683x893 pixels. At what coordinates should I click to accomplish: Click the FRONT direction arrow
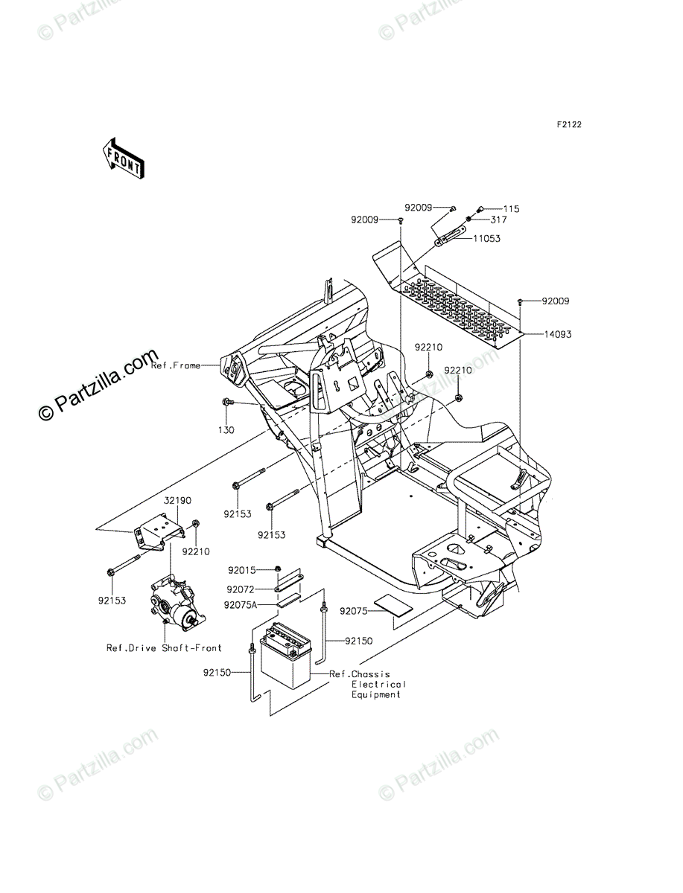pyautogui.click(x=123, y=158)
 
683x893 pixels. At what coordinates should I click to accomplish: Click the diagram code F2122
pyautogui.click(x=567, y=125)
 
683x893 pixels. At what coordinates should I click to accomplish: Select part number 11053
pyautogui.click(x=486, y=239)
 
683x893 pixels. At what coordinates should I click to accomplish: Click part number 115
pyautogui.click(x=510, y=209)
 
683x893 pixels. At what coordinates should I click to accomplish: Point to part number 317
pyautogui.click(x=498, y=220)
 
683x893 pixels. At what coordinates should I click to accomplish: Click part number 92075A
pyautogui.click(x=240, y=606)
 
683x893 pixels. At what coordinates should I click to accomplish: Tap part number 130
pyautogui.click(x=226, y=430)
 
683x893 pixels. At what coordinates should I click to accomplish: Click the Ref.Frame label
pyautogui.click(x=176, y=366)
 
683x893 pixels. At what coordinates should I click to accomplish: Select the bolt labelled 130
pyautogui.click(x=226, y=403)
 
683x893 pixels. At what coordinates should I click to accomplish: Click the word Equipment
pyautogui.click(x=376, y=694)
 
